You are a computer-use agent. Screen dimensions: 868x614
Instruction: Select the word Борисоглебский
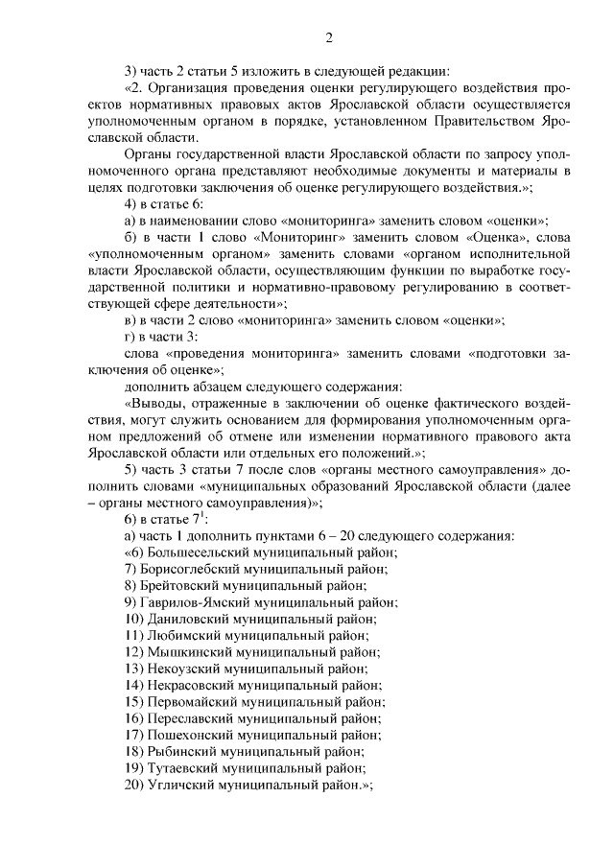(194, 570)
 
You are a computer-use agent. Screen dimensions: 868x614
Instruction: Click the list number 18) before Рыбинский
(134, 750)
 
